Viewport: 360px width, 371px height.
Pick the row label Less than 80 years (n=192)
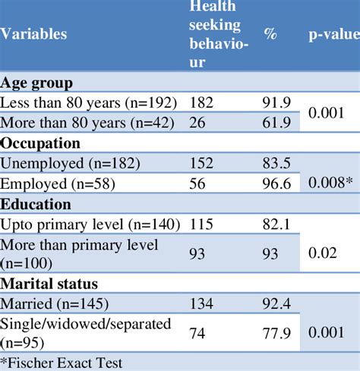(x=89, y=102)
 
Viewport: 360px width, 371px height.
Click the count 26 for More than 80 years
(x=197, y=122)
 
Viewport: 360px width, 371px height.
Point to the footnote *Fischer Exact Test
(x=62, y=363)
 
